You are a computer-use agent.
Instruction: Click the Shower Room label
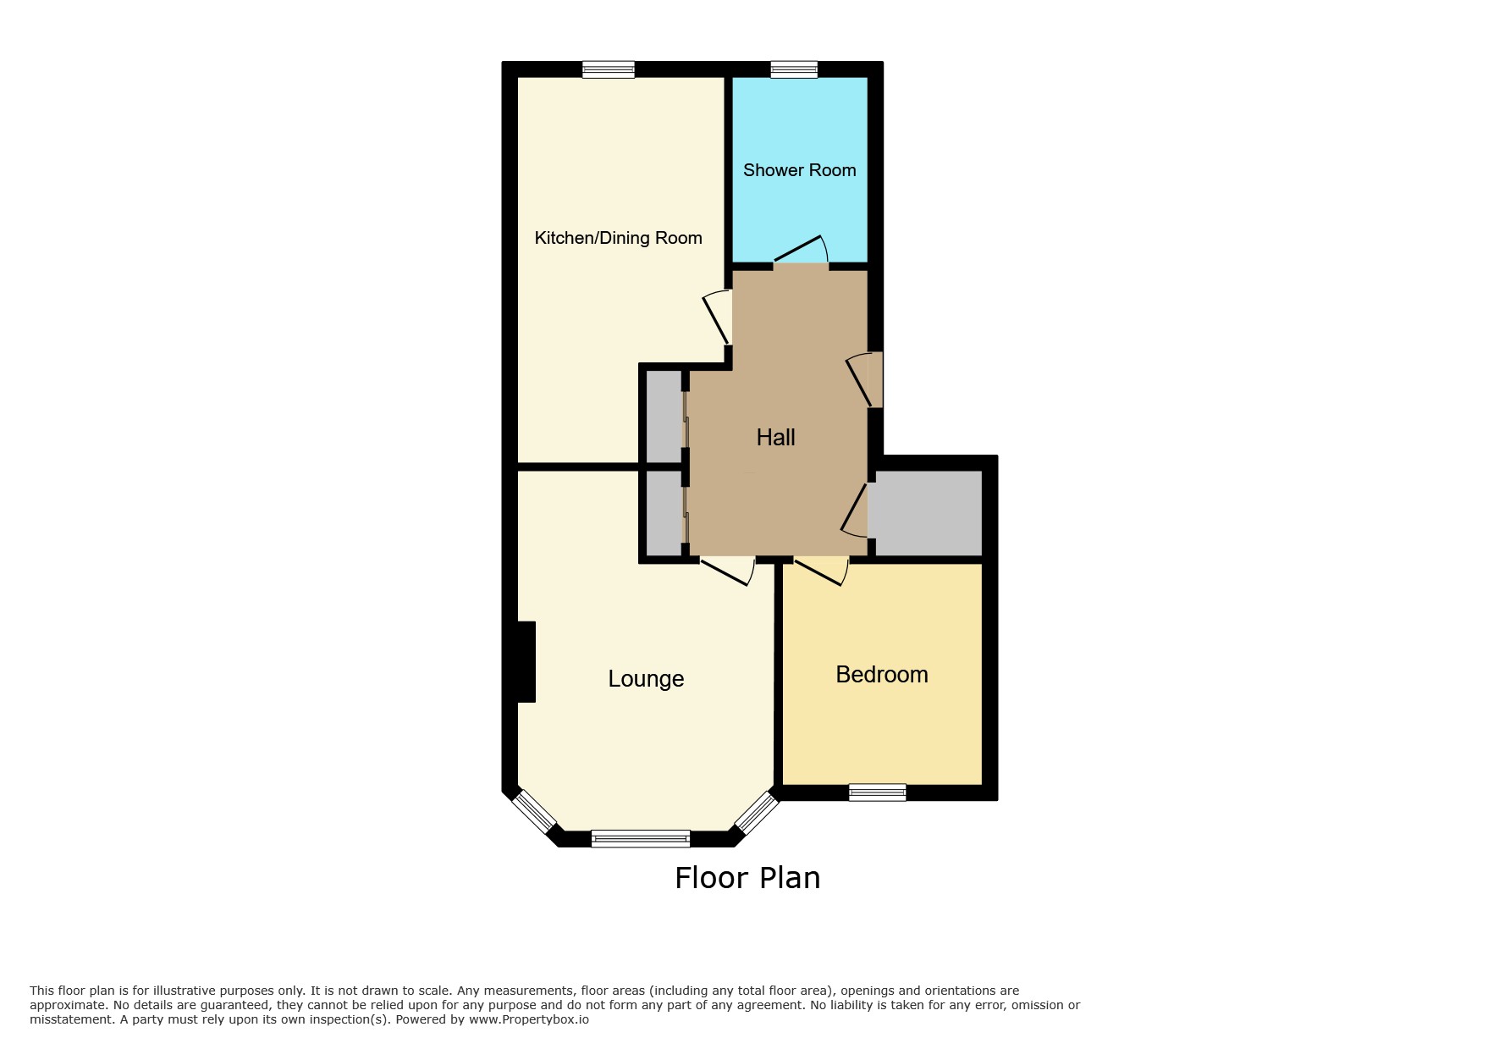coord(799,170)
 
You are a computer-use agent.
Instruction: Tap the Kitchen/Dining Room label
coord(618,238)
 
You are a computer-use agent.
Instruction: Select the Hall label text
coord(775,437)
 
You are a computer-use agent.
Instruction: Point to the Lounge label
coord(646,679)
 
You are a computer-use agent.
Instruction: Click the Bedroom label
coord(881,674)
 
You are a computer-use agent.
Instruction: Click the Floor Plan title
coord(747,878)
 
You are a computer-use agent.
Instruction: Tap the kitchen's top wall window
coord(609,69)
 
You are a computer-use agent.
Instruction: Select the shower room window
coord(794,69)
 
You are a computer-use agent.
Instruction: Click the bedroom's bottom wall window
coord(878,792)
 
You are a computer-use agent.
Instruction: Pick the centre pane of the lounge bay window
coord(641,839)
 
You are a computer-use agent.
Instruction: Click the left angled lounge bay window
coord(535,811)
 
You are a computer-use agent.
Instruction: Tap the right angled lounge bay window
coord(756,812)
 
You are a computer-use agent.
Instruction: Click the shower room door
coord(801,251)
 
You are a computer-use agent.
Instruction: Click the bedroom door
coord(821,571)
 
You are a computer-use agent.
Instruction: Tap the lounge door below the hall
coord(727,571)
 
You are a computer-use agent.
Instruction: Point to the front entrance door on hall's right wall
coord(863,380)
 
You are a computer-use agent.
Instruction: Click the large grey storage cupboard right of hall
coord(925,513)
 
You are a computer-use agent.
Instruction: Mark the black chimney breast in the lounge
coord(526,662)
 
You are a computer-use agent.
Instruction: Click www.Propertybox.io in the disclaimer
coord(529,1019)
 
